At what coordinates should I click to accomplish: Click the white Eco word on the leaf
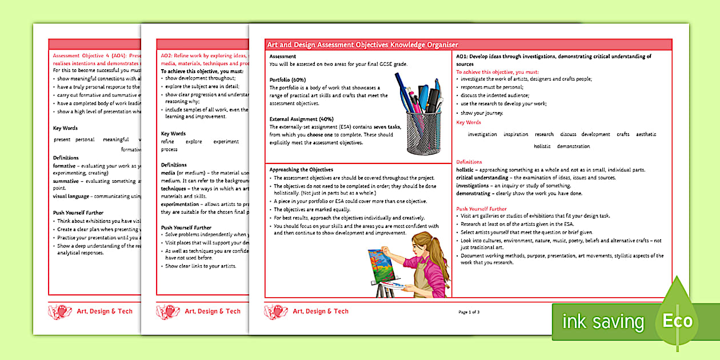(677, 321)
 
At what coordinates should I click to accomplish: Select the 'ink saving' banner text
(603, 322)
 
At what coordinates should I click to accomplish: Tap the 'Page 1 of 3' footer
(469, 312)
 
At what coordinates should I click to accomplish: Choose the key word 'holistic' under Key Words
(542, 146)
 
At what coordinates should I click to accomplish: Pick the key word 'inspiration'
(515, 134)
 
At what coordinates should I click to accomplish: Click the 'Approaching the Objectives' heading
(301, 170)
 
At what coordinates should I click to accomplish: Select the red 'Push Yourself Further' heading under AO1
(481, 209)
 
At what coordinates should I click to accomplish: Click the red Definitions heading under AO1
(469, 162)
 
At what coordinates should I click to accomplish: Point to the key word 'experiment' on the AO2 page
(226, 141)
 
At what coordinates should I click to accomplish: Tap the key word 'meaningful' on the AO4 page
(116, 139)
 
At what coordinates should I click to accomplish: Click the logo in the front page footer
(276, 311)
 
